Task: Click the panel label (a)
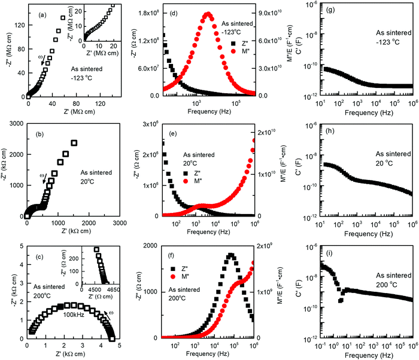(42, 15)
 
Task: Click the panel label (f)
(171, 255)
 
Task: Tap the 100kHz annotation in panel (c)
(74, 315)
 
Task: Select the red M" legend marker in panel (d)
(233, 51)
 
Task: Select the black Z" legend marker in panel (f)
(173, 269)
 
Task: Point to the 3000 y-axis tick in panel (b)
(17, 124)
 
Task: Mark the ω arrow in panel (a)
(42, 60)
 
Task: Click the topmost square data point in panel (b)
(74, 143)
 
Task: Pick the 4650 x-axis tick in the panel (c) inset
(113, 290)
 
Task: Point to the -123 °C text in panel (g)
(388, 42)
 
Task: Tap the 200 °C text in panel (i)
(387, 285)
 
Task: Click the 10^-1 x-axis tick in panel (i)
(320, 346)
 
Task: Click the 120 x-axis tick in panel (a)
(101, 103)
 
